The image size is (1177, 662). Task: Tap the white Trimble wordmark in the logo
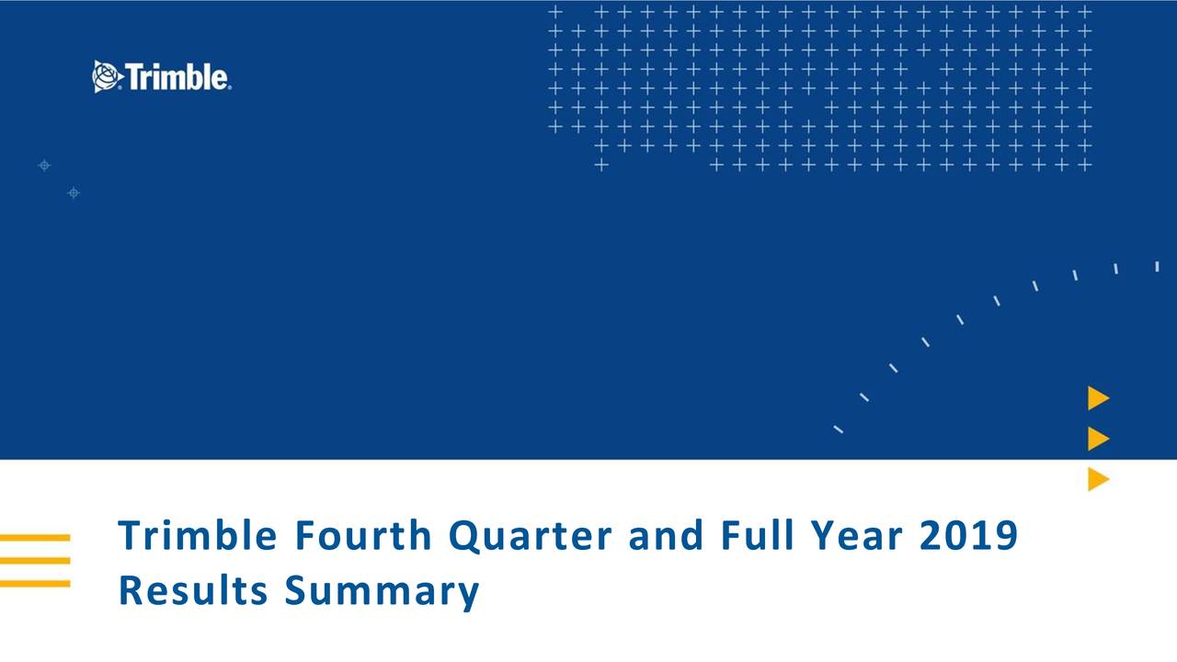pos(177,77)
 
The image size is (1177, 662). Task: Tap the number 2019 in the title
pos(968,536)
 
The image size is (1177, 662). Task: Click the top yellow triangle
pos(1097,398)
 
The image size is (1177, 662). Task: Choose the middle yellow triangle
pos(1097,439)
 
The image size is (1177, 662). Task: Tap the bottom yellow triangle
pos(1097,479)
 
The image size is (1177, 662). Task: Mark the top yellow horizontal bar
pos(35,537)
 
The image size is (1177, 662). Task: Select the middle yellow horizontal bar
pos(35,560)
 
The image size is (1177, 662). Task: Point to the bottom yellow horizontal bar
pos(35,583)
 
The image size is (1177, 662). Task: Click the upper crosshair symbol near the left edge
pos(44,165)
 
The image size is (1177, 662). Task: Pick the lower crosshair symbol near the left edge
pos(74,192)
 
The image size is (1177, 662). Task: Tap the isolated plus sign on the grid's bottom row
pos(600,165)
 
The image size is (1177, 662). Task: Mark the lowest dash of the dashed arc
pos(838,428)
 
